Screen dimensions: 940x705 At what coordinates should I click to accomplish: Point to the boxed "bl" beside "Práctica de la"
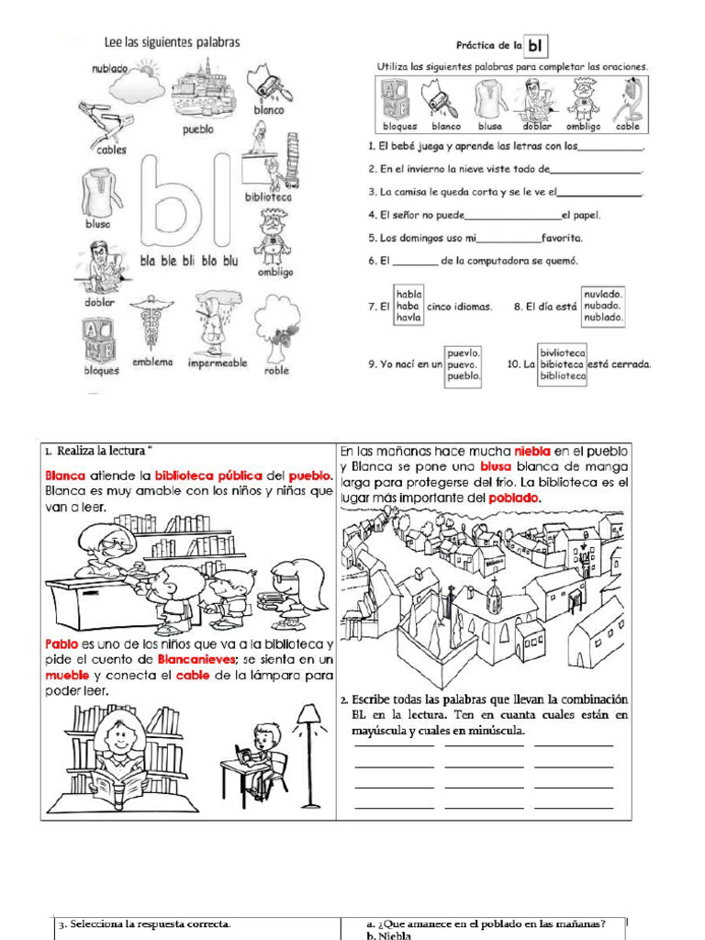click(x=536, y=45)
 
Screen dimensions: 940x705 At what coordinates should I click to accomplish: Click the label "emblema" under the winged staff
click(x=152, y=362)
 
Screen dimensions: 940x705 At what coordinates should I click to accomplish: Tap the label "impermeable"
click(x=218, y=364)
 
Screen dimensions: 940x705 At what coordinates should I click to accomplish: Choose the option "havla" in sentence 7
click(x=408, y=318)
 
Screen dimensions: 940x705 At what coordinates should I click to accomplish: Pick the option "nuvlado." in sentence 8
click(x=603, y=293)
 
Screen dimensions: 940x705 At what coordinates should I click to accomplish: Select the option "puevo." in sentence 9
click(x=464, y=364)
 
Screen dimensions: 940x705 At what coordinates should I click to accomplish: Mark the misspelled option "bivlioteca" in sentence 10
click(x=563, y=352)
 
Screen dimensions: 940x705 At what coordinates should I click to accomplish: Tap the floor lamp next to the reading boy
click(x=308, y=753)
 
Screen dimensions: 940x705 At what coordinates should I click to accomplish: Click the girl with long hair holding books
click(x=294, y=592)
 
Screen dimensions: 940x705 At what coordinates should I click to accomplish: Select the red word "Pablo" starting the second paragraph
click(x=63, y=644)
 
